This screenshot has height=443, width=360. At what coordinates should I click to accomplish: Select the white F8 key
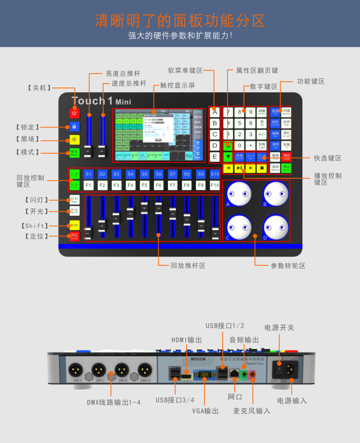tap(187, 185)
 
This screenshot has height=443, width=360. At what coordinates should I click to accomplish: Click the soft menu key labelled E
tap(215, 156)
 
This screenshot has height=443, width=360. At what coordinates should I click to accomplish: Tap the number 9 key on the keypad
tap(250, 112)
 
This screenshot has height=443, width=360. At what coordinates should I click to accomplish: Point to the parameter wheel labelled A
tap(239, 194)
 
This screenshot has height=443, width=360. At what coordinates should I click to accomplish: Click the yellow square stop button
tap(262, 168)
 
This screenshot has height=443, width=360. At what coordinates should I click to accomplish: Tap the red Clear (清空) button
tap(287, 156)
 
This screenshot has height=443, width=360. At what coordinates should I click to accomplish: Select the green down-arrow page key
tap(228, 157)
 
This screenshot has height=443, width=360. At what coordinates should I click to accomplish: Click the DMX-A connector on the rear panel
tap(144, 369)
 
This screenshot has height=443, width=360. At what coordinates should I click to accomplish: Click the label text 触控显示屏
tap(178, 86)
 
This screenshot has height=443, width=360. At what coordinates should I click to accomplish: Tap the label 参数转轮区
tap(288, 265)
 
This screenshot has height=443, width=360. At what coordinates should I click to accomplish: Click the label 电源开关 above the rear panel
tap(279, 328)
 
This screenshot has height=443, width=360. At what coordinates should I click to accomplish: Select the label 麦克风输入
tap(252, 411)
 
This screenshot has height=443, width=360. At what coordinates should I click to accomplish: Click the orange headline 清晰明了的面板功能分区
tap(180, 20)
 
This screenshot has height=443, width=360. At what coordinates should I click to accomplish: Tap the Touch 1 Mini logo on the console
tap(101, 101)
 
